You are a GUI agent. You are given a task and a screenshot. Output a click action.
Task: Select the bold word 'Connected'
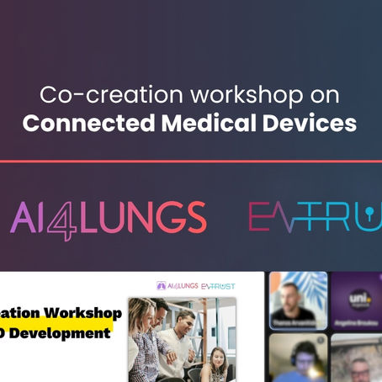79,123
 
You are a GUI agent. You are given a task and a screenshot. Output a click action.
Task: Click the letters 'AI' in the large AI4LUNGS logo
30,218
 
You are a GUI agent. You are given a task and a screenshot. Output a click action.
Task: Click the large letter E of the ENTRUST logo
268,217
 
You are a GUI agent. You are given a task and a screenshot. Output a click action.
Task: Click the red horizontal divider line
191,160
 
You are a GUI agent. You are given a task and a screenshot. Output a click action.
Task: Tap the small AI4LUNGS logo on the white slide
178,286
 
